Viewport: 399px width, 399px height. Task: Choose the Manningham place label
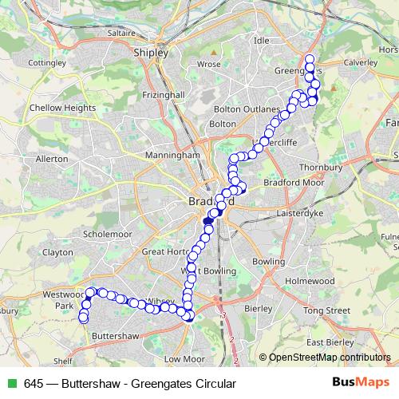172,154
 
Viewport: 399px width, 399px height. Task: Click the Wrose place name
209,63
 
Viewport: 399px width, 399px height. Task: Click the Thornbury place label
321,168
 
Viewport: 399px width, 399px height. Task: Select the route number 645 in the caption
34,384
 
